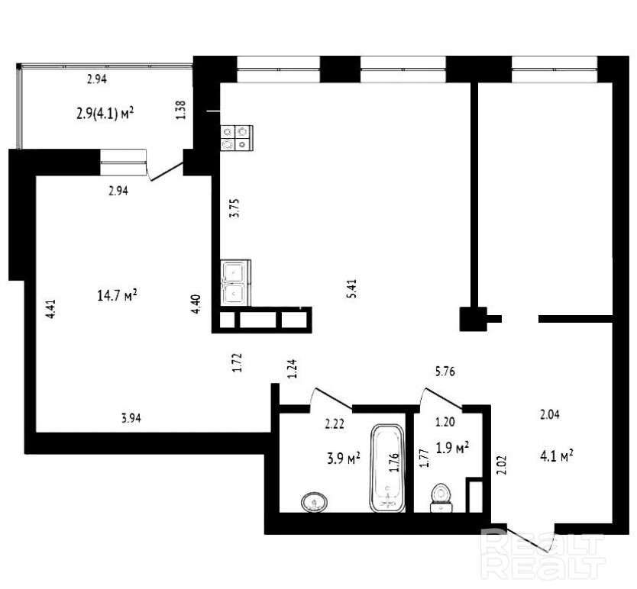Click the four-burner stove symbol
[x=237, y=138]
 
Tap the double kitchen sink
[x=236, y=283]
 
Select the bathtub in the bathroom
[x=387, y=468]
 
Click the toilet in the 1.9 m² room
[x=441, y=498]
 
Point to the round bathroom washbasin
[x=315, y=503]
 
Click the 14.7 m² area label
[x=117, y=295]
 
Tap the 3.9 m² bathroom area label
[x=344, y=458]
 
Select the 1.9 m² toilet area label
[x=453, y=447]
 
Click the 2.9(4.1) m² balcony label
[x=105, y=113]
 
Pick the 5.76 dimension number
[x=445, y=372]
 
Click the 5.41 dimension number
[x=351, y=288]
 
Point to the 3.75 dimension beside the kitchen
[x=234, y=208]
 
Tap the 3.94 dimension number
[x=131, y=417]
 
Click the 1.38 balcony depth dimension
[x=181, y=110]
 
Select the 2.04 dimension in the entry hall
[x=550, y=414]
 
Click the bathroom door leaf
[x=334, y=398]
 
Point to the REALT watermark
[x=543, y=553]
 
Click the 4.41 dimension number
[x=50, y=309]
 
